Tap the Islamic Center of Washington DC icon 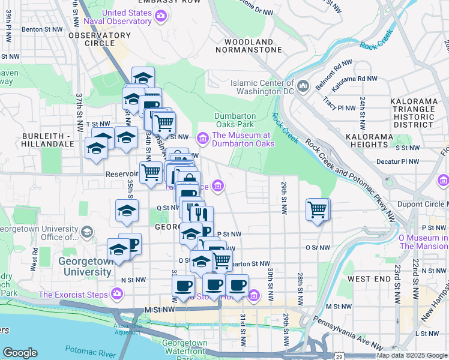coord(303,86)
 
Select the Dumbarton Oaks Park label coord(235,120)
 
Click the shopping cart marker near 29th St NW coord(317,210)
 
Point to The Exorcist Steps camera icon coord(116,295)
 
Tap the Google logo coord(20,353)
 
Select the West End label coord(369,279)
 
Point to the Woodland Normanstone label coord(253,46)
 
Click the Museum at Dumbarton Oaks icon coord(203,139)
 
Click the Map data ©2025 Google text coord(411,355)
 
